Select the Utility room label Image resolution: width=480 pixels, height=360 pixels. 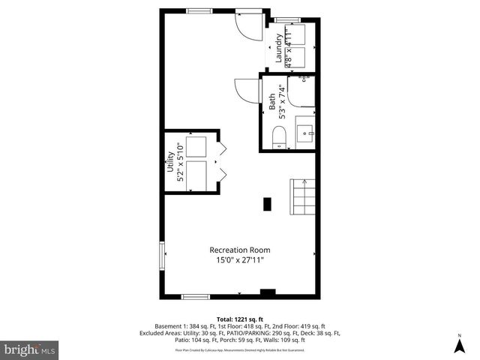coord(170,162)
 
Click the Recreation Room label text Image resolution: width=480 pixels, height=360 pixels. coord(240,250)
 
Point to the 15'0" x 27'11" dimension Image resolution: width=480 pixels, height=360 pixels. coord(240,260)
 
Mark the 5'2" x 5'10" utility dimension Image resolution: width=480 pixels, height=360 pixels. coord(180,162)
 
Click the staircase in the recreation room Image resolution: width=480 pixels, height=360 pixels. coord(303,198)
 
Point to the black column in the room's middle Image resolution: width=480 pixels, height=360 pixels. coord(267,202)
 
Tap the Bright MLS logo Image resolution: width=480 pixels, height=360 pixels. coord(30,349)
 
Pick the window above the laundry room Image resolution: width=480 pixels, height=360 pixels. coord(287,19)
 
